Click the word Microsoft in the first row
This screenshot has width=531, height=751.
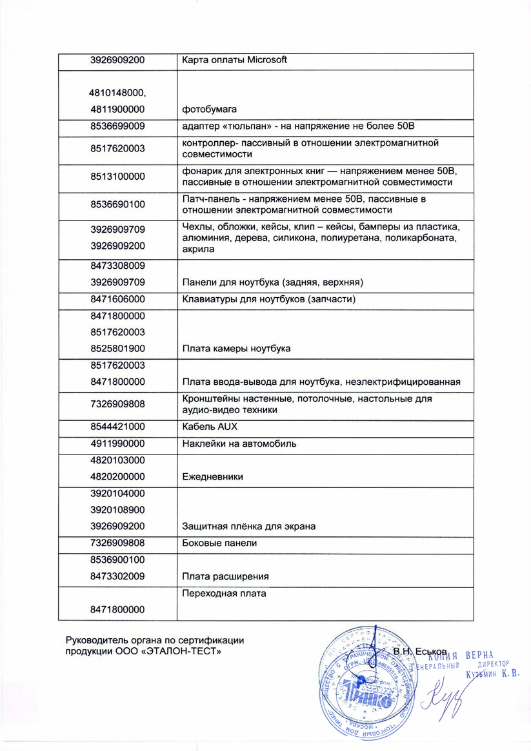pos(265,60)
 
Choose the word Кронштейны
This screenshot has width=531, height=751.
pos(211,399)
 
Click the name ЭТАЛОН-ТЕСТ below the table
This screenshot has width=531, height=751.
pos(187,652)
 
